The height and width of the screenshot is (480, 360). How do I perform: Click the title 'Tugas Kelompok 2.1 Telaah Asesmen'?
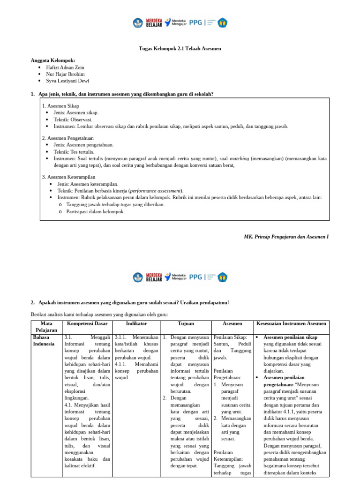pos(180,48)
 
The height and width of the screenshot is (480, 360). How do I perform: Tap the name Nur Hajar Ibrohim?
pos(66,74)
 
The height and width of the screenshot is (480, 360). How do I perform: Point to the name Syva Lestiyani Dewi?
pos(67,81)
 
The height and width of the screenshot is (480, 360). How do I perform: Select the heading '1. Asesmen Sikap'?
pos(60,106)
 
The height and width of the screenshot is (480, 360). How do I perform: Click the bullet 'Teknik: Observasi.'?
pos(73,120)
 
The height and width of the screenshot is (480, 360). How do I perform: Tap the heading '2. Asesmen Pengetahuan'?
pos(68,138)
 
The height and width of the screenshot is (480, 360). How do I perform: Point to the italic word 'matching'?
pos(240,158)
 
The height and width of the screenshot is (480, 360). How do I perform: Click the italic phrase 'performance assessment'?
pos(156,191)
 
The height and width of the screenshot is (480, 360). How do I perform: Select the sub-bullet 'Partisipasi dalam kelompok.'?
pos(95,211)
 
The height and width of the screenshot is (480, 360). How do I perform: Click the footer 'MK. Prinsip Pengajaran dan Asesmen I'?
pos(286,237)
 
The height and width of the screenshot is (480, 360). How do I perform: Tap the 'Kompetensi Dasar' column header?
pos(87,323)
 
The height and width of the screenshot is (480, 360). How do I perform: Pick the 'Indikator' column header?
pos(136,323)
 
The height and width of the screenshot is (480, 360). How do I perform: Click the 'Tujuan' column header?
pos(186,323)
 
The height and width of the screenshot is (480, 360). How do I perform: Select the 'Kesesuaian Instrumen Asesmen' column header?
pos(292,323)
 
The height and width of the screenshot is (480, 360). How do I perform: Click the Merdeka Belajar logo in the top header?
pos(147,22)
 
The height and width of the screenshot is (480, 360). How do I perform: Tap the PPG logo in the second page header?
pos(195,277)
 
